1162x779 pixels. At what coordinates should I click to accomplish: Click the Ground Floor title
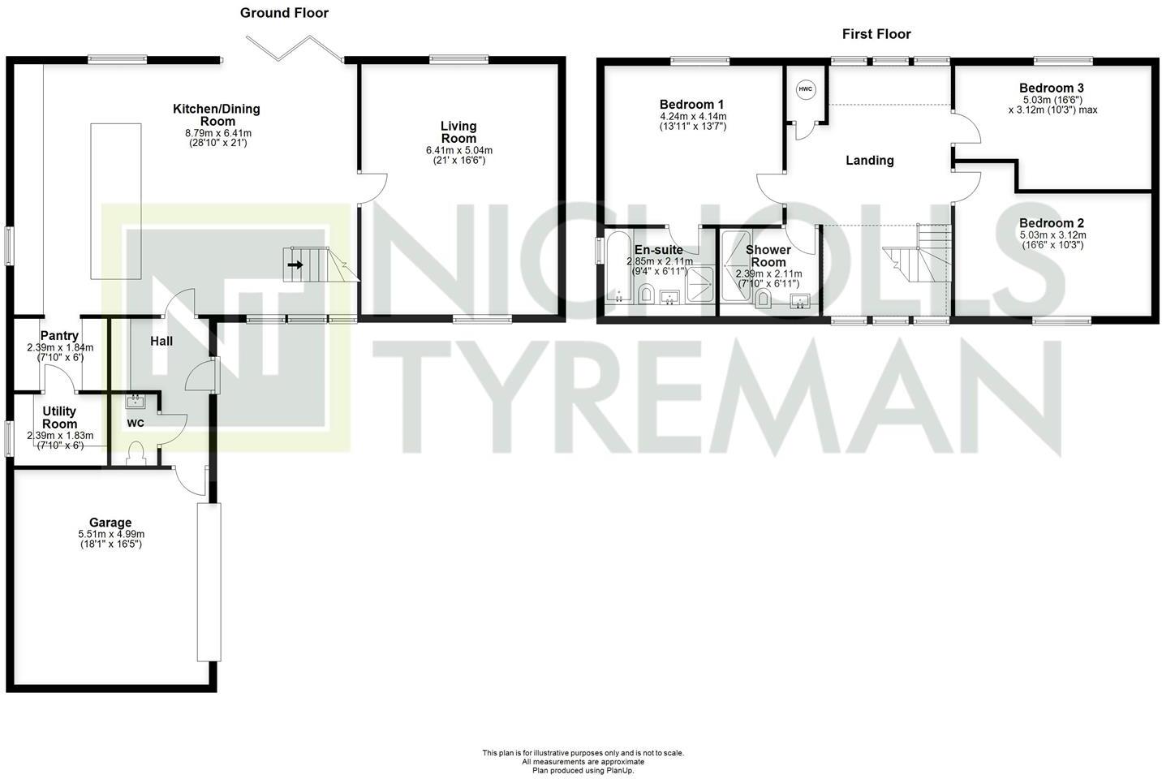tap(284, 13)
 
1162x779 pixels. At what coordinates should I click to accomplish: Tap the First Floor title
tap(876, 34)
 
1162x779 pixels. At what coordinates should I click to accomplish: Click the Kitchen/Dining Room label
tap(217, 114)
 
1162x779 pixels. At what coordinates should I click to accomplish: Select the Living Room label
tap(458, 131)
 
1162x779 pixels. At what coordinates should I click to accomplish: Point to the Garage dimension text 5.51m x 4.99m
tap(111, 534)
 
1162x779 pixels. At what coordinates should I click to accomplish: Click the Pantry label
tap(59, 336)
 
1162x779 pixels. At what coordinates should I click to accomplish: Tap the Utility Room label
tap(60, 418)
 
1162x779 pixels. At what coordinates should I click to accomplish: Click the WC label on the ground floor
tap(136, 423)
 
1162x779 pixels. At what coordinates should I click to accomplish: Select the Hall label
tap(161, 342)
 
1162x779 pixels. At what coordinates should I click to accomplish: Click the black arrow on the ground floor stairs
tap(295, 265)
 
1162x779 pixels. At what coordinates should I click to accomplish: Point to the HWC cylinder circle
tap(805, 89)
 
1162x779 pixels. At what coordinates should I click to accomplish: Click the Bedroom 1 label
tap(691, 105)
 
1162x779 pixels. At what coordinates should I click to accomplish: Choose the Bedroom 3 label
tap(1052, 88)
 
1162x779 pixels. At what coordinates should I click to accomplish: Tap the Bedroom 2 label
tap(1052, 223)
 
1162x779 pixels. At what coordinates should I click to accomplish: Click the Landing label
tap(870, 161)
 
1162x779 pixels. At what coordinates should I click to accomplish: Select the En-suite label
tap(658, 250)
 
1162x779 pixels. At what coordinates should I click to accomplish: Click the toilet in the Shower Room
tap(763, 300)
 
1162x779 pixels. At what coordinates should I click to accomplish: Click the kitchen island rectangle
tap(115, 200)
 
